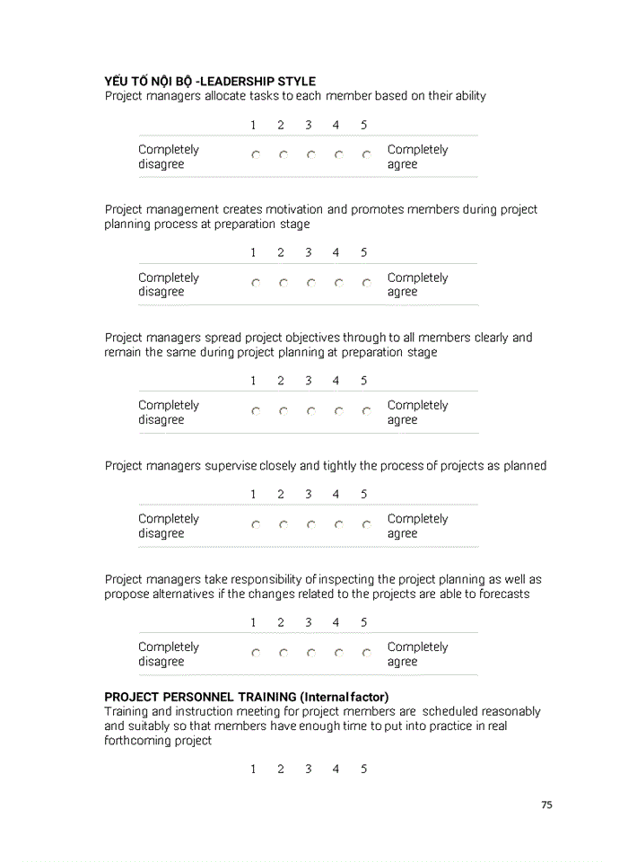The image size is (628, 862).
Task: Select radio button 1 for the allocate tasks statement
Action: pyautogui.click(x=256, y=155)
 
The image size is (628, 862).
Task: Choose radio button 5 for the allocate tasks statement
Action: pyautogui.click(x=366, y=155)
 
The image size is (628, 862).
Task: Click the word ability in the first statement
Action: pyautogui.click(x=470, y=96)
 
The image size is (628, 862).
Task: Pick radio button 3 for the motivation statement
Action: pyautogui.click(x=310, y=283)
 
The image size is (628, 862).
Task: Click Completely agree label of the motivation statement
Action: pyautogui.click(x=417, y=285)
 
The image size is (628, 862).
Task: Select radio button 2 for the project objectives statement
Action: pyautogui.click(x=283, y=411)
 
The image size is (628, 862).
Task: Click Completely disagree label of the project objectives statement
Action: pyautogui.click(x=168, y=412)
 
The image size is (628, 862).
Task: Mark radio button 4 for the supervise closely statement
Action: pyautogui.click(x=338, y=524)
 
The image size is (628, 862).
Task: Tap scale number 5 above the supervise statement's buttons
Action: pyautogui.click(x=363, y=495)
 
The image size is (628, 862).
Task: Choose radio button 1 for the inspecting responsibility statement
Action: pyautogui.click(x=256, y=653)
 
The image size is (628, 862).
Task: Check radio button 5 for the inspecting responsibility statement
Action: pyautogui.click(x=366, y=653)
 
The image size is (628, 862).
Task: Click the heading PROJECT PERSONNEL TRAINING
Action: pyautogui.click(x=200, y=697)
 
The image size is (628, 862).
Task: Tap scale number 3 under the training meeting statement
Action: pyautogui.click(x=308, y=770)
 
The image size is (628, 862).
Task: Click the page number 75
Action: pyautogui.click(x=546, y=805)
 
